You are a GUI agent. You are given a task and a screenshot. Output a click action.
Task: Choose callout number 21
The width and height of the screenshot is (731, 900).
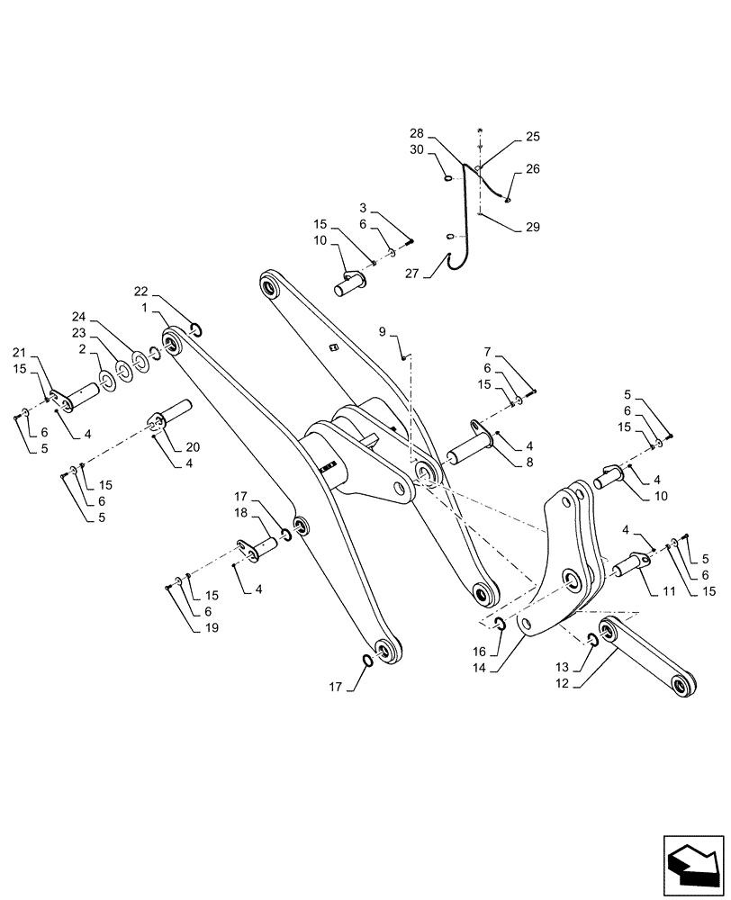click(x=19, y=351)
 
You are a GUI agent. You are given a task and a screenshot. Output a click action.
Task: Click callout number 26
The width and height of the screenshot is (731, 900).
click(x=532, y=168)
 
